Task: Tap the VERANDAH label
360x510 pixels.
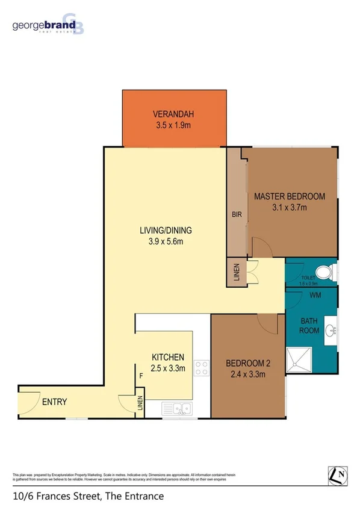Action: point(174,114)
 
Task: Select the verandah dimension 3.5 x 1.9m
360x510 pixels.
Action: point(174,126)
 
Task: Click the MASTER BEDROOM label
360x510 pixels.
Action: point(289,196)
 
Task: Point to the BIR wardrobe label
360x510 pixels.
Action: point(236,214)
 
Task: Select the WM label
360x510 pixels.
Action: point(314,296)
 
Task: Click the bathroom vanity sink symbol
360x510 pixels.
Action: point(331,330)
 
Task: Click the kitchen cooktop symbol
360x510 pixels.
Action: point(201,367)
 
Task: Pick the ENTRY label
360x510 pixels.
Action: point(54,402)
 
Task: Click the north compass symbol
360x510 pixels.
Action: point(338,475)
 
